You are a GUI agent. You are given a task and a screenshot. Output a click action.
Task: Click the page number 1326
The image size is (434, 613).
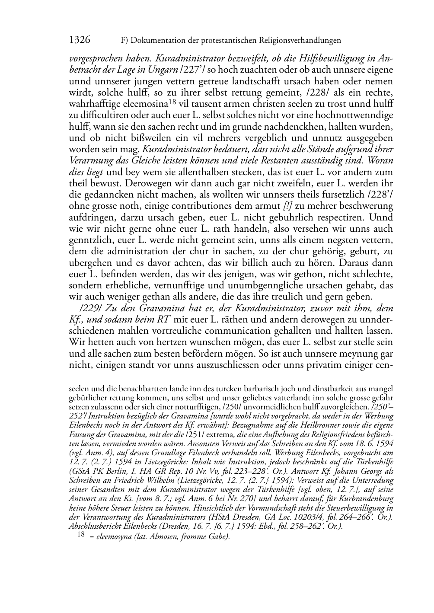pos(80,40)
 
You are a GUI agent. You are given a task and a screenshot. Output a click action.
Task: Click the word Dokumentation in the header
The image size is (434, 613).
pos(157,41)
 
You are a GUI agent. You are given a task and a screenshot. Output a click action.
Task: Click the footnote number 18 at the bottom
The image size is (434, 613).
pos(80,534)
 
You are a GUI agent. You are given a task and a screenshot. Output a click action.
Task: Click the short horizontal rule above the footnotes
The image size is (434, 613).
pos(85,382)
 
